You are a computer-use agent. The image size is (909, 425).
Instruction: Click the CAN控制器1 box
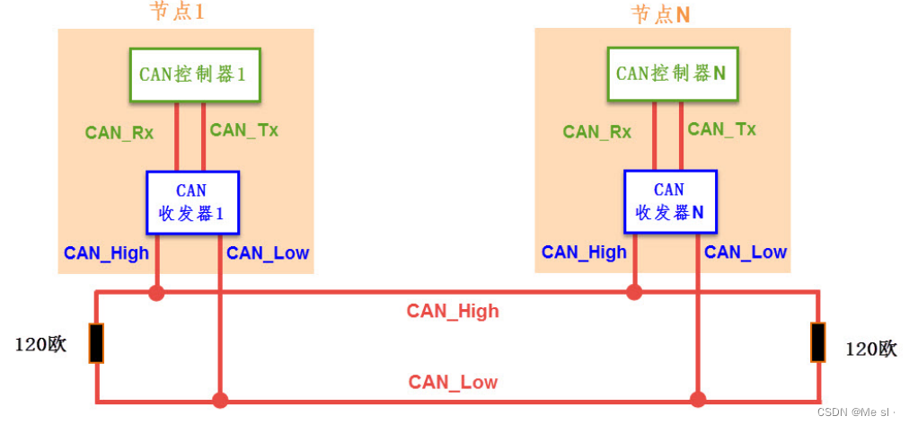pyautogui.click(x=195, y=74)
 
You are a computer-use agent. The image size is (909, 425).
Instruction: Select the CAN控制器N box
pyautogui.click(x=673, y=74)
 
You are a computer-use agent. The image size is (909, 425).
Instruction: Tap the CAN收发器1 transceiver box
pyautogui.click(x=192, y=202)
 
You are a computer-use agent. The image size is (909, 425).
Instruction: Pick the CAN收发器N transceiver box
pyautogui.click(x=670, y=202)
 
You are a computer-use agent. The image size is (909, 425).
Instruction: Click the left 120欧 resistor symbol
pyautogui.click(x=96, y=342)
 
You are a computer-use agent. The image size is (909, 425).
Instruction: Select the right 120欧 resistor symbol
pyautogui.click(x=817, y=342)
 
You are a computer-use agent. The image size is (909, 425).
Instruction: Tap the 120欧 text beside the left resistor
pyautogui.click(x=40, y=344)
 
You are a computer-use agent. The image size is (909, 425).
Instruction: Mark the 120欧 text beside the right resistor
pyautogui.click(x=870, y=349)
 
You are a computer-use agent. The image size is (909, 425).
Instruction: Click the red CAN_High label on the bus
pyautogui.click(x=453, y=312)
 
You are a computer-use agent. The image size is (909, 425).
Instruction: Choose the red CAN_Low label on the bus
pyautogui.click(x=453, y=382)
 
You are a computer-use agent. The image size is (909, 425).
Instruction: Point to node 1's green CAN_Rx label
pyautogui.click(x=119, y=133)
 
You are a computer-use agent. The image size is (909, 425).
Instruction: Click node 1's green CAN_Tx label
pyautogui.click(x=244, y=130)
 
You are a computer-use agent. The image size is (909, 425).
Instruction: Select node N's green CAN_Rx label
pyautogui.click(x=597, y=132)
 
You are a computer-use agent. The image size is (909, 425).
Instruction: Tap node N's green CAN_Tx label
pyautogui.click(x=722, y=129)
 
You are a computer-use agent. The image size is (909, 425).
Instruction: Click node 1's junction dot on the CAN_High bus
pyautogui.click(x=157, y=292)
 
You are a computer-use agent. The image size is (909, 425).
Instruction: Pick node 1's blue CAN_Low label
pyautogui.click(x=268, y=253)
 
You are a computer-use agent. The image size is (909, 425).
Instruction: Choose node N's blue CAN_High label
pyautogui.click(x=584, y=252)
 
